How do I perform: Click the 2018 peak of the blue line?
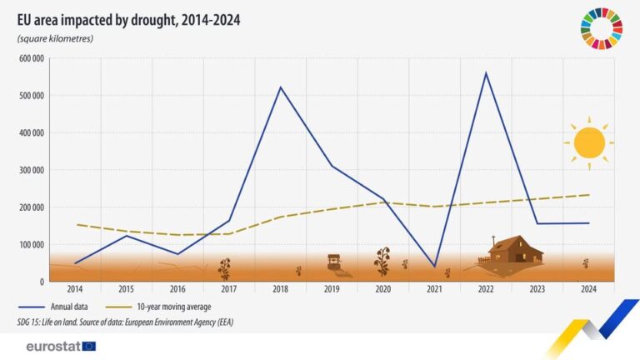(279, 87)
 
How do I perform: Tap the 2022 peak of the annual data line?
(486, 72)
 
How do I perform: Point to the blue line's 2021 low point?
(434, 267)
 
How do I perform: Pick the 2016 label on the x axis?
(177, 288)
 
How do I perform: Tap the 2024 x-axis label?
(588, 288)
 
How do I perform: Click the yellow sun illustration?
(588, 142)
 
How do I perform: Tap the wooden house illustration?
(514, 250)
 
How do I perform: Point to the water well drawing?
(335, 264)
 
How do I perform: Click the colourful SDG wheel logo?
(599, 27)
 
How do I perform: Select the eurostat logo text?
(47, 346)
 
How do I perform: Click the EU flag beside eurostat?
(89, 346)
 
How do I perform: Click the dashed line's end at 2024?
(588, 195)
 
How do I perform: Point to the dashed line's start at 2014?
(76, 224)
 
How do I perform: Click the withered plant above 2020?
(382, 261)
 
